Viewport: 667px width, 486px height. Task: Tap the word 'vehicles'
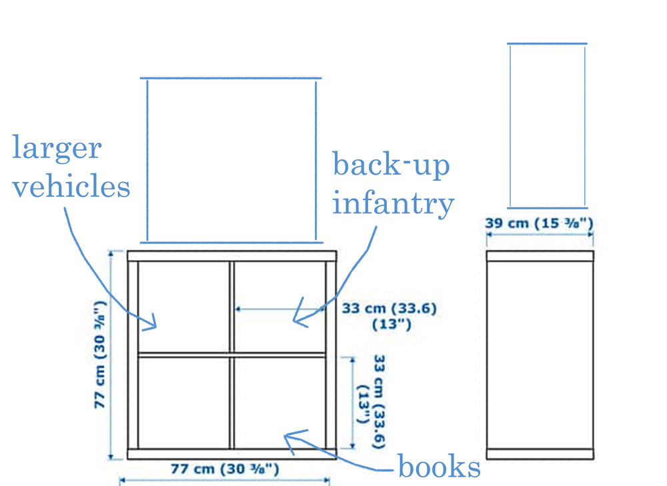[71, 186]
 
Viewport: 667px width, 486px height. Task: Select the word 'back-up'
[391, 165]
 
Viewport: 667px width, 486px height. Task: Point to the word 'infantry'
[393, 203]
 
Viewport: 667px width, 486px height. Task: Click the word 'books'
[439, 467]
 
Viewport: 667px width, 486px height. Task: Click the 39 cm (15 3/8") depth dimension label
[539, 223]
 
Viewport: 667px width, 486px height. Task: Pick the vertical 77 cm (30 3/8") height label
[99, 355]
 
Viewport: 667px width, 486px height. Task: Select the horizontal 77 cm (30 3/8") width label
[225, 469]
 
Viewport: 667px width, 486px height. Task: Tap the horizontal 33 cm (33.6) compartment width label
[390, 316]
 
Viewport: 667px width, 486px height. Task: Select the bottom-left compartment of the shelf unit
[184, 402]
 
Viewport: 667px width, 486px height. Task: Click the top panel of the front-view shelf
[232, 256]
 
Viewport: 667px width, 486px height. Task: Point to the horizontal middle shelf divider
[232, 354]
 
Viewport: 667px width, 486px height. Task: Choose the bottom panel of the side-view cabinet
[540, 454]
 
